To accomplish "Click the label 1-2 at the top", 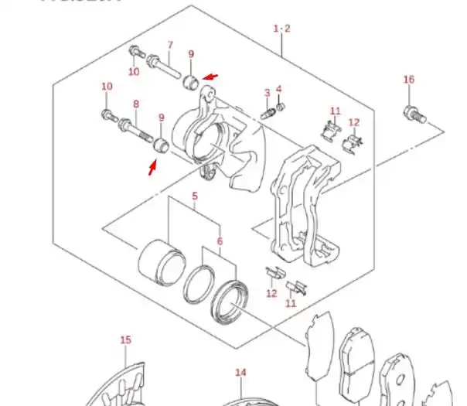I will [281, 29].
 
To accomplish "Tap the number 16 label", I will [409, 80].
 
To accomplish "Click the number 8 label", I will [136, 104].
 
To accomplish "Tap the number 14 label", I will [240, 372].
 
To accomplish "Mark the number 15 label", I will [126, 339].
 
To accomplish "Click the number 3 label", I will [267, 93].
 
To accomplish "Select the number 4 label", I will [278, 89].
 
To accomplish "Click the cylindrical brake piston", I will [159, 261].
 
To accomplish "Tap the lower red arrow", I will [154, 165].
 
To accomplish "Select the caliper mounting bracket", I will [301, 207].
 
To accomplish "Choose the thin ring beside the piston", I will [198, 284].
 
